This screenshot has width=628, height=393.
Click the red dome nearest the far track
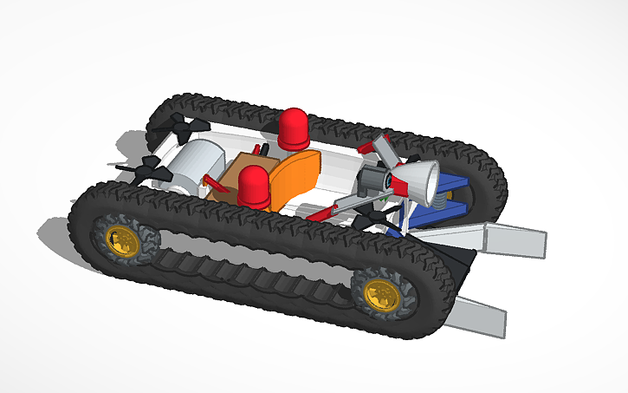pos(293,128)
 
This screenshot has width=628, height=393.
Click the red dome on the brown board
pos(253,187)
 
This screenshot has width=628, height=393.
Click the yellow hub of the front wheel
pos(379,295)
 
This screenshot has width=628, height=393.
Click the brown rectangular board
pos(227,187)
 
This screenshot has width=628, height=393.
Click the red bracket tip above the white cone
pos(381,140)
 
